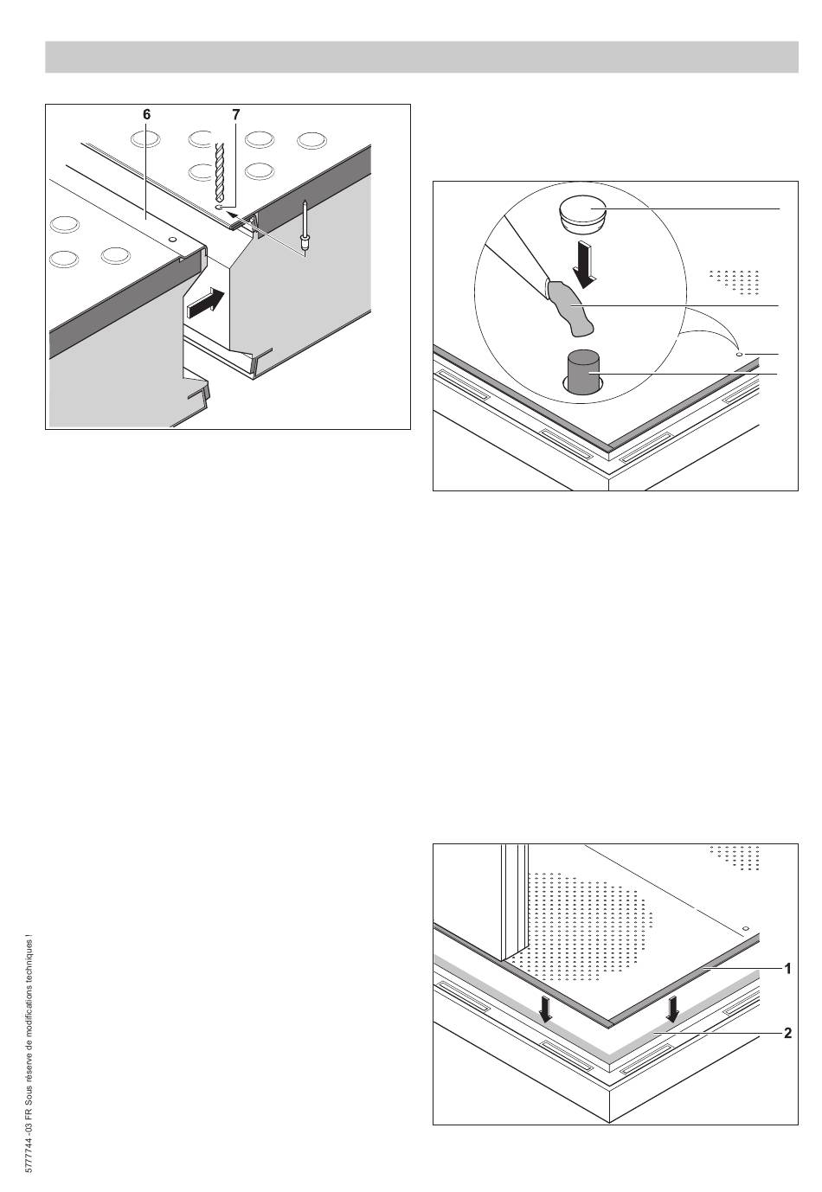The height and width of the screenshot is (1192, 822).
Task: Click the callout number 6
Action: (147, 114)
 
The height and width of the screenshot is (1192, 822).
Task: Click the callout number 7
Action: (235, 114)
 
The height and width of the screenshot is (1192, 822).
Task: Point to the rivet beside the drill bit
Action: (305, 227)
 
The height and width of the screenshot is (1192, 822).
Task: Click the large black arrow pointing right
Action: (208, 304)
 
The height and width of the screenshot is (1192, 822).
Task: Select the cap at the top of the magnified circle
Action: (581, 213)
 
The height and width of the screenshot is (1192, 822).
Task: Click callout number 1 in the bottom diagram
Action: (787, 970)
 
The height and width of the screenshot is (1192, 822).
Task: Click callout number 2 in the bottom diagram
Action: (787, 1033)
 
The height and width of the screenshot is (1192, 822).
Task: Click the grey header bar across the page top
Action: (421, 57)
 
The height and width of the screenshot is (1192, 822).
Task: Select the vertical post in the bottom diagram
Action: (514, 900)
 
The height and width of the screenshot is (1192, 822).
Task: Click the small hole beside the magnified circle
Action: (738, 354)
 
